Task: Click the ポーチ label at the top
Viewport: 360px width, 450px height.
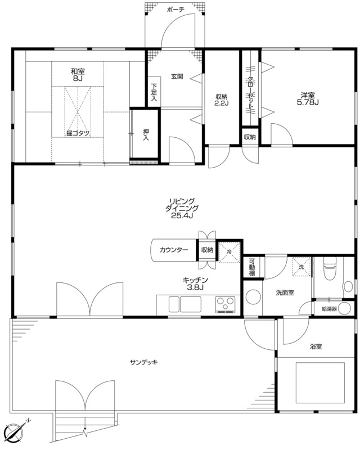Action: [x=175, y=10]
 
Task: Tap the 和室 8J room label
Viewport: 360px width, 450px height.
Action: [x=77, y=75]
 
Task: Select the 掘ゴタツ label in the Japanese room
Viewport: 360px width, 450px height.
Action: [x=78, y=133]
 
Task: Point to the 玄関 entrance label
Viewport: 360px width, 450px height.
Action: [x=177, y=76]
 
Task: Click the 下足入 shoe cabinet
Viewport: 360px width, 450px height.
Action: [x=154, y=92]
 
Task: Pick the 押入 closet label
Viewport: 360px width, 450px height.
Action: [x=146, y=134]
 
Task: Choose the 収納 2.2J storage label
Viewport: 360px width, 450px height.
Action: [x=222, y=100]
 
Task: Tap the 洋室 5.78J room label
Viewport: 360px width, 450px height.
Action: [x=308, y=98]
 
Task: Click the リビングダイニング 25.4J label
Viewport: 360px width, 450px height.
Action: [x=182, y=208]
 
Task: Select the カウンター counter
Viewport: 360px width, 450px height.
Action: [x=174, y=250]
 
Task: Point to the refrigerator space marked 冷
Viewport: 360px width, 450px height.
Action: [x=229, y=252]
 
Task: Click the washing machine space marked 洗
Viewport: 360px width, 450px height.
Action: [x=301, y=267]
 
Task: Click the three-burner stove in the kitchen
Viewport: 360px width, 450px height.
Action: [x=226, y=304]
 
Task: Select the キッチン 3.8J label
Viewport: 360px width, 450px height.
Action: [x=195, y=284]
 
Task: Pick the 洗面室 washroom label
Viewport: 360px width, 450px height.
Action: [x=285, y=293]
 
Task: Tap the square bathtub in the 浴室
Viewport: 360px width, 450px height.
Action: [x=320, y=383]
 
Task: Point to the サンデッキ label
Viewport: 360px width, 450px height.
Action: [x=143, y=362]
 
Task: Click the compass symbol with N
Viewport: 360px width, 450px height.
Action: [x=15, y=433]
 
